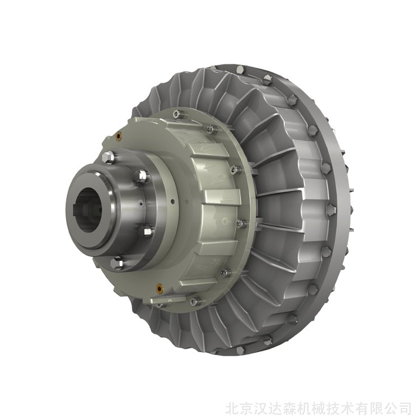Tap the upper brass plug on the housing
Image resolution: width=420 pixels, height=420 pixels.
(x=119, y=136)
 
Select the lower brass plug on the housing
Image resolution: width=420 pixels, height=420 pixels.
(x=160, y=288)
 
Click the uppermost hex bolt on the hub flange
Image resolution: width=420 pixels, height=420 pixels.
(x=108, y=157)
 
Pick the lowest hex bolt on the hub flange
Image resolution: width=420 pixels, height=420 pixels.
(x=116, y=263)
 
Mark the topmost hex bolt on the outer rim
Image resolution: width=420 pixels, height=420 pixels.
(x=240, y=70)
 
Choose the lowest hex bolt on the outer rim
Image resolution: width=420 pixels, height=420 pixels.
(x=240, y=349)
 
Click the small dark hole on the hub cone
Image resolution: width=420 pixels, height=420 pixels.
(x=172, y=201)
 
